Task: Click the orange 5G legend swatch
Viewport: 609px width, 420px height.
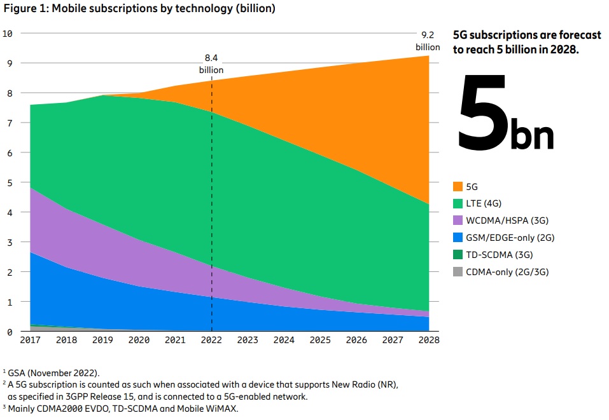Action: point(458,187)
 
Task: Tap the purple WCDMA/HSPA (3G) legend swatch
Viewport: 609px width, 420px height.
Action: point(458,220)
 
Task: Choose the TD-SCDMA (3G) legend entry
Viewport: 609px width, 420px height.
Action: point(499,255)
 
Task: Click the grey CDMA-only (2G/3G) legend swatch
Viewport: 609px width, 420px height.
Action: point(458,272)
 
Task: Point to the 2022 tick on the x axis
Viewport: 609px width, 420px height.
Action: point(212,340)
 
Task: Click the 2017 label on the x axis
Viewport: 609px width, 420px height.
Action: point(30,340)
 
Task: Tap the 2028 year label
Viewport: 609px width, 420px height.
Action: point(429,340)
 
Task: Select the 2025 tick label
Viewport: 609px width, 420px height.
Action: point(320,340)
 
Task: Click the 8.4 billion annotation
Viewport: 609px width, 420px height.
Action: point(211,64)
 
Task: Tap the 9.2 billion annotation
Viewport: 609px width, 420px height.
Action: point(428,41)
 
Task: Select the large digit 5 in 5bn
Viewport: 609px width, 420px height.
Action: point(483,113)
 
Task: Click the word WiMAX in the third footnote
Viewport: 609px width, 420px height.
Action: point(221,409)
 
